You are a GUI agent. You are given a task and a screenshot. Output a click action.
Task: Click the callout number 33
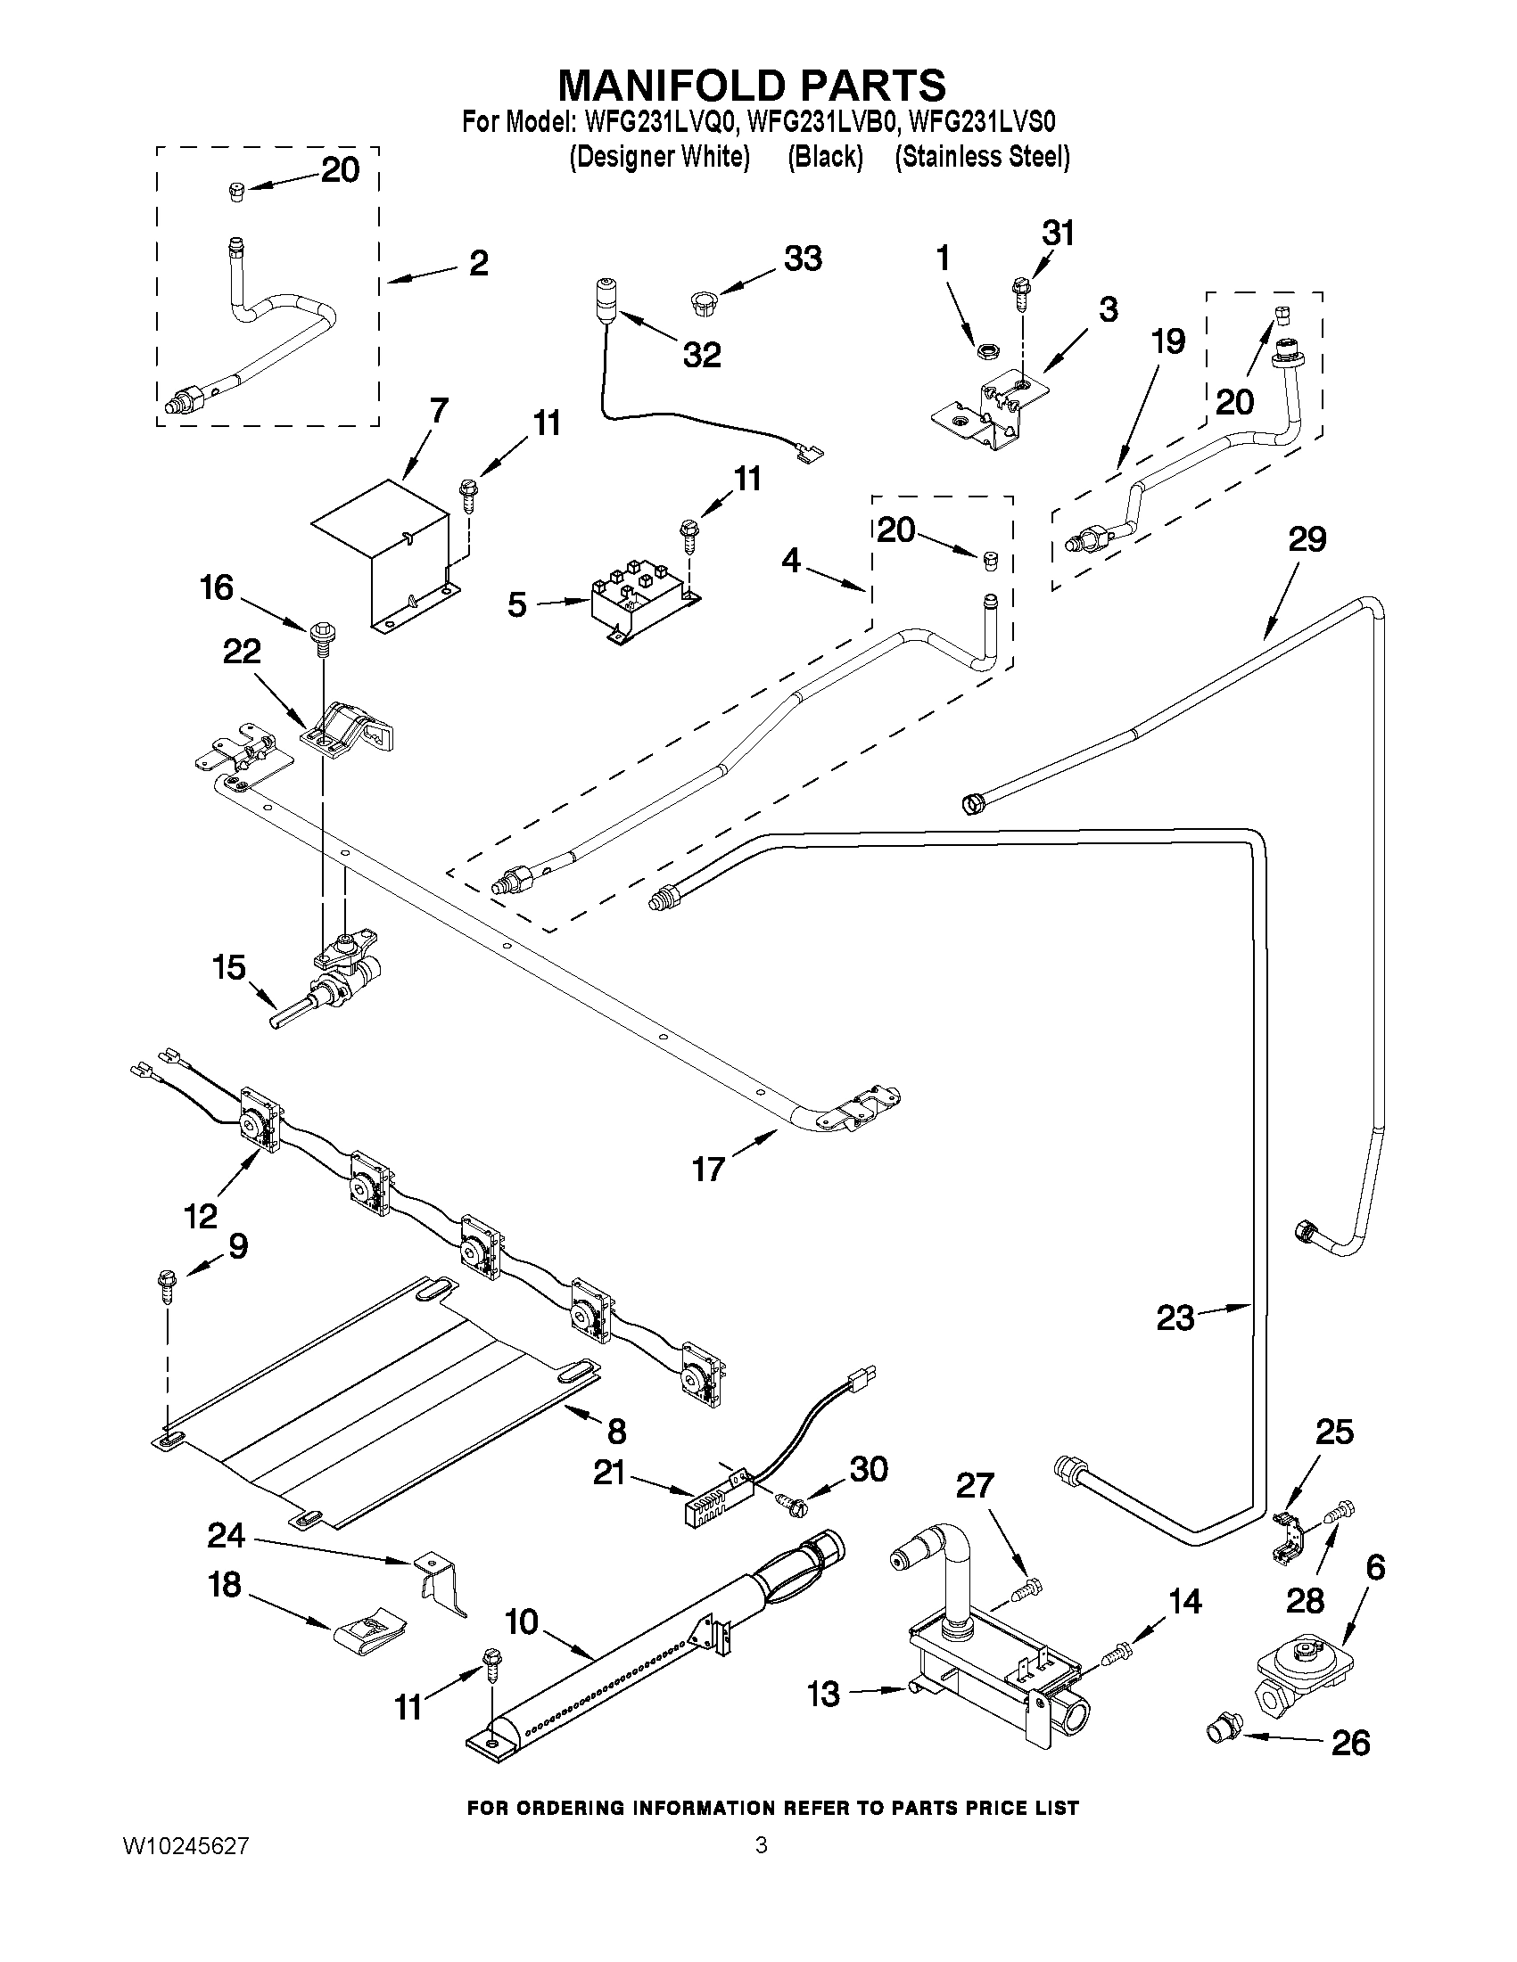(x=803, y=259)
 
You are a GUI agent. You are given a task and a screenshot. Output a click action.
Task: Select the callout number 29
(x=1307, y=539)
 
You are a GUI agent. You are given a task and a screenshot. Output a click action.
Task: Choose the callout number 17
(x=708, y=1169)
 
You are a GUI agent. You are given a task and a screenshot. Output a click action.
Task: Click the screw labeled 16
(x=321, y=633)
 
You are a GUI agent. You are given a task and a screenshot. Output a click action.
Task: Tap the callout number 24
(x=226, y=1535)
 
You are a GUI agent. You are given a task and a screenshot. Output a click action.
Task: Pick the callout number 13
(x=823, y=1695)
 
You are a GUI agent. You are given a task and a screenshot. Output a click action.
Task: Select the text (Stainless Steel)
(x=981, y=157)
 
